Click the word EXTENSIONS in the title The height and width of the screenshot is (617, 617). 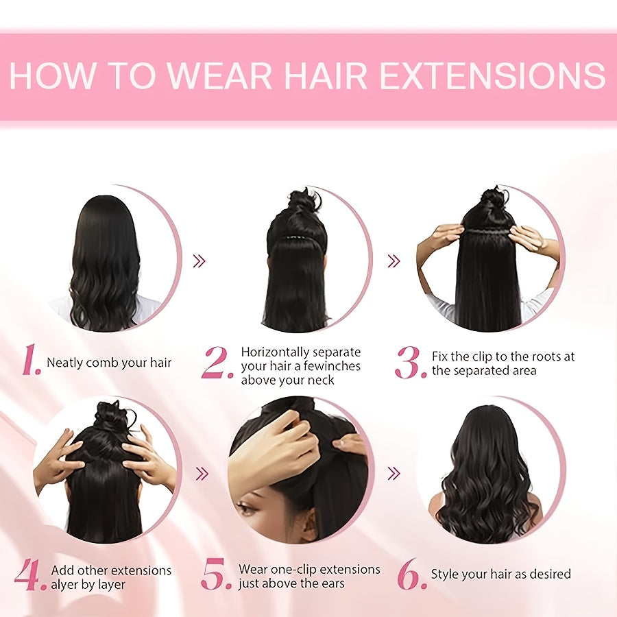click(492, 75)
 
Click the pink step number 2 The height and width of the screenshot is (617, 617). click(217, 363)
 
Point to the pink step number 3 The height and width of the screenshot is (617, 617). click(411, 363)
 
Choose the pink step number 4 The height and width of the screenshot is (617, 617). click(29, 574)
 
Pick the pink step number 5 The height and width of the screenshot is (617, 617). click(217, 574)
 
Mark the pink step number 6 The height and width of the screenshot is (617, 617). click(412, 574)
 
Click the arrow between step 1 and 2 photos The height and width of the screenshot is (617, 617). click(199, 261)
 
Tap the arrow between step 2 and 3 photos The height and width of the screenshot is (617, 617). click(394, 261)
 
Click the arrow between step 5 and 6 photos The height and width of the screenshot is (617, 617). click(394, 473)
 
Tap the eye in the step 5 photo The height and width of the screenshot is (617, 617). click(245, 509)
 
